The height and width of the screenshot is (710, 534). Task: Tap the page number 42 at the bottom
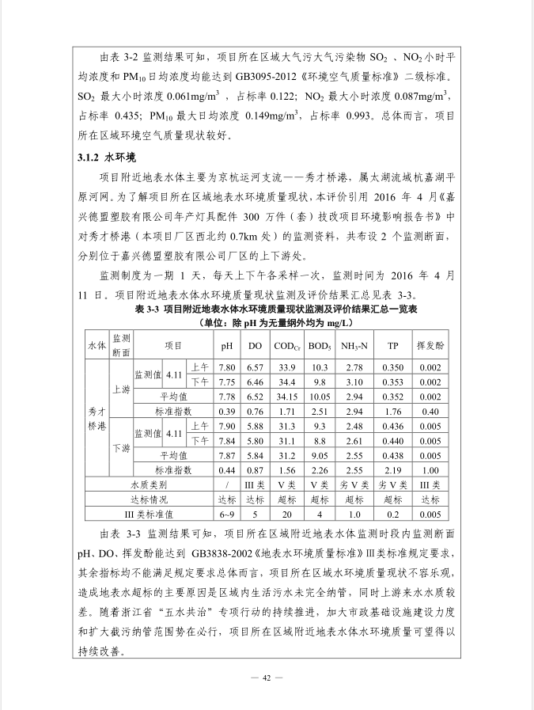click(267, 678)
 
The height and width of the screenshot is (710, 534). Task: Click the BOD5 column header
click(320, 346)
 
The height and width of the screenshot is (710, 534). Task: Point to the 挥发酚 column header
click(430, 346)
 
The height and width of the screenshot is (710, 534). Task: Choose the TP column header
click(392, 346)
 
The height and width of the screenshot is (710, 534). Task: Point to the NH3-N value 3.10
click(354, 382)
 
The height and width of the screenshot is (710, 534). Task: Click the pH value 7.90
click(227, 426)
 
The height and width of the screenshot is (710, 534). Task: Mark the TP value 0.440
click(392, 440)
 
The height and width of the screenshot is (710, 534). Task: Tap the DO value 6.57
click(254, 367)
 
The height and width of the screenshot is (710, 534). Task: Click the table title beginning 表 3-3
click(266, 310)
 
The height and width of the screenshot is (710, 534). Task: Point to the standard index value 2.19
click(392, 469)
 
